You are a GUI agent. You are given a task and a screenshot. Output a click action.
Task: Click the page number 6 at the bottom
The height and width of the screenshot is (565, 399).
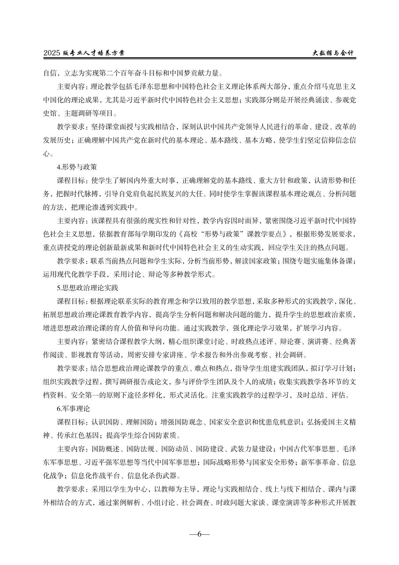tap(199, 534)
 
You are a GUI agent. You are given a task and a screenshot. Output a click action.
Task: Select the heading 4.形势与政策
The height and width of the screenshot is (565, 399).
tap(77, 167)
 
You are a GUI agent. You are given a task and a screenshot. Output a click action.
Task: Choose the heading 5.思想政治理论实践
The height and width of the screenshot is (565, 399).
tap(87, 288)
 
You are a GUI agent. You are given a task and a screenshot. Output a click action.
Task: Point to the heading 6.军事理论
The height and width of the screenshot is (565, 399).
tap(73, 409)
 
